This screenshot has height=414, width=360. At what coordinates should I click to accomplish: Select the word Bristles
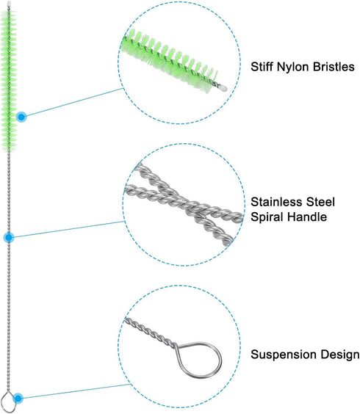pos(334,67)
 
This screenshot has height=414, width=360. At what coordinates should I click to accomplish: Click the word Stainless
pos(276,202)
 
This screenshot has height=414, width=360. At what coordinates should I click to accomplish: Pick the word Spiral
pos(267,217)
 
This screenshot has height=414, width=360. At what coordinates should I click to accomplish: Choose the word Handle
pos(307,217)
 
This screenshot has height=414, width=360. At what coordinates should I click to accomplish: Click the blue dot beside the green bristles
pos(21,117)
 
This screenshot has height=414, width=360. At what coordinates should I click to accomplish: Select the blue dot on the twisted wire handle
pos(9,238)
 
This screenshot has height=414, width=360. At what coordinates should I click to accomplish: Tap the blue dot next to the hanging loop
pos(18,398)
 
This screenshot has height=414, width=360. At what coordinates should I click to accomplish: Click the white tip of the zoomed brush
pos(223,87)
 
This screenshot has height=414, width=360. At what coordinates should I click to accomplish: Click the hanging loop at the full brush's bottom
pos(3,398)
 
